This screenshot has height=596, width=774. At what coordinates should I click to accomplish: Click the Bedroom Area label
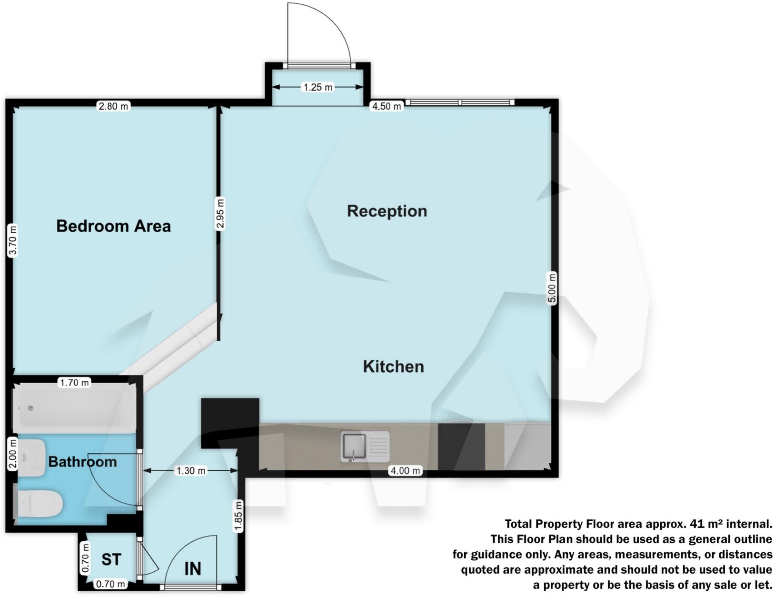click(x=113, y=226)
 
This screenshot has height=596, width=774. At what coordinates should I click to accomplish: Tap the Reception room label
click(x=387, y=211)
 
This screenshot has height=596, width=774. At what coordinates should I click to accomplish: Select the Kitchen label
click(x=393, y=367)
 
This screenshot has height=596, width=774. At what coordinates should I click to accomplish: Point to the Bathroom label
click(x=82, y=462)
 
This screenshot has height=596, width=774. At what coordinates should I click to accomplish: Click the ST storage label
click(x=111, y=559)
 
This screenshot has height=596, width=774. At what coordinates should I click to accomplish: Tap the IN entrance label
click(x=193, y=568)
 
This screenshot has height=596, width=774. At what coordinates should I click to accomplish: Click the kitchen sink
click(x=365, y=447)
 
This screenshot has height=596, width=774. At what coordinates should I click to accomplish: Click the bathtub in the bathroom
click(x=75, y=408)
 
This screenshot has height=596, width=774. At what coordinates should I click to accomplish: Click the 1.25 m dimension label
click(x=318, y=87)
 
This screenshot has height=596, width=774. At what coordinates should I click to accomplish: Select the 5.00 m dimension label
click(x=552, y=288)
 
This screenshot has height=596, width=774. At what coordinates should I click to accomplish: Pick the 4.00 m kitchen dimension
click(x=405, y=471)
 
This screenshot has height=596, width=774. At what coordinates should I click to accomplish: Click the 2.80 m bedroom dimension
click(x=113, y=106)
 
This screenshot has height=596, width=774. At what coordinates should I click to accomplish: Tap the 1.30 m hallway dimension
click(x=191, y=471)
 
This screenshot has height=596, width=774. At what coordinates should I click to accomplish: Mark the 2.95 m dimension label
click(x=220, y=214)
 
